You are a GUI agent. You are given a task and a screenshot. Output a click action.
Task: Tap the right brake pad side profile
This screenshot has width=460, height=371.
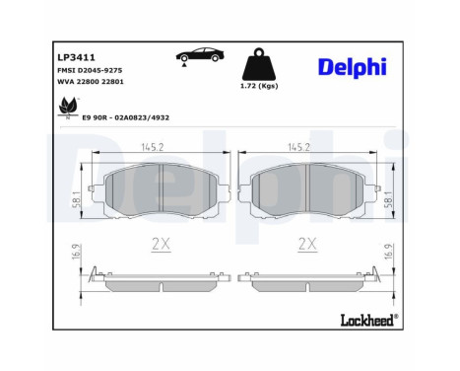click(x=308, y=284)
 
